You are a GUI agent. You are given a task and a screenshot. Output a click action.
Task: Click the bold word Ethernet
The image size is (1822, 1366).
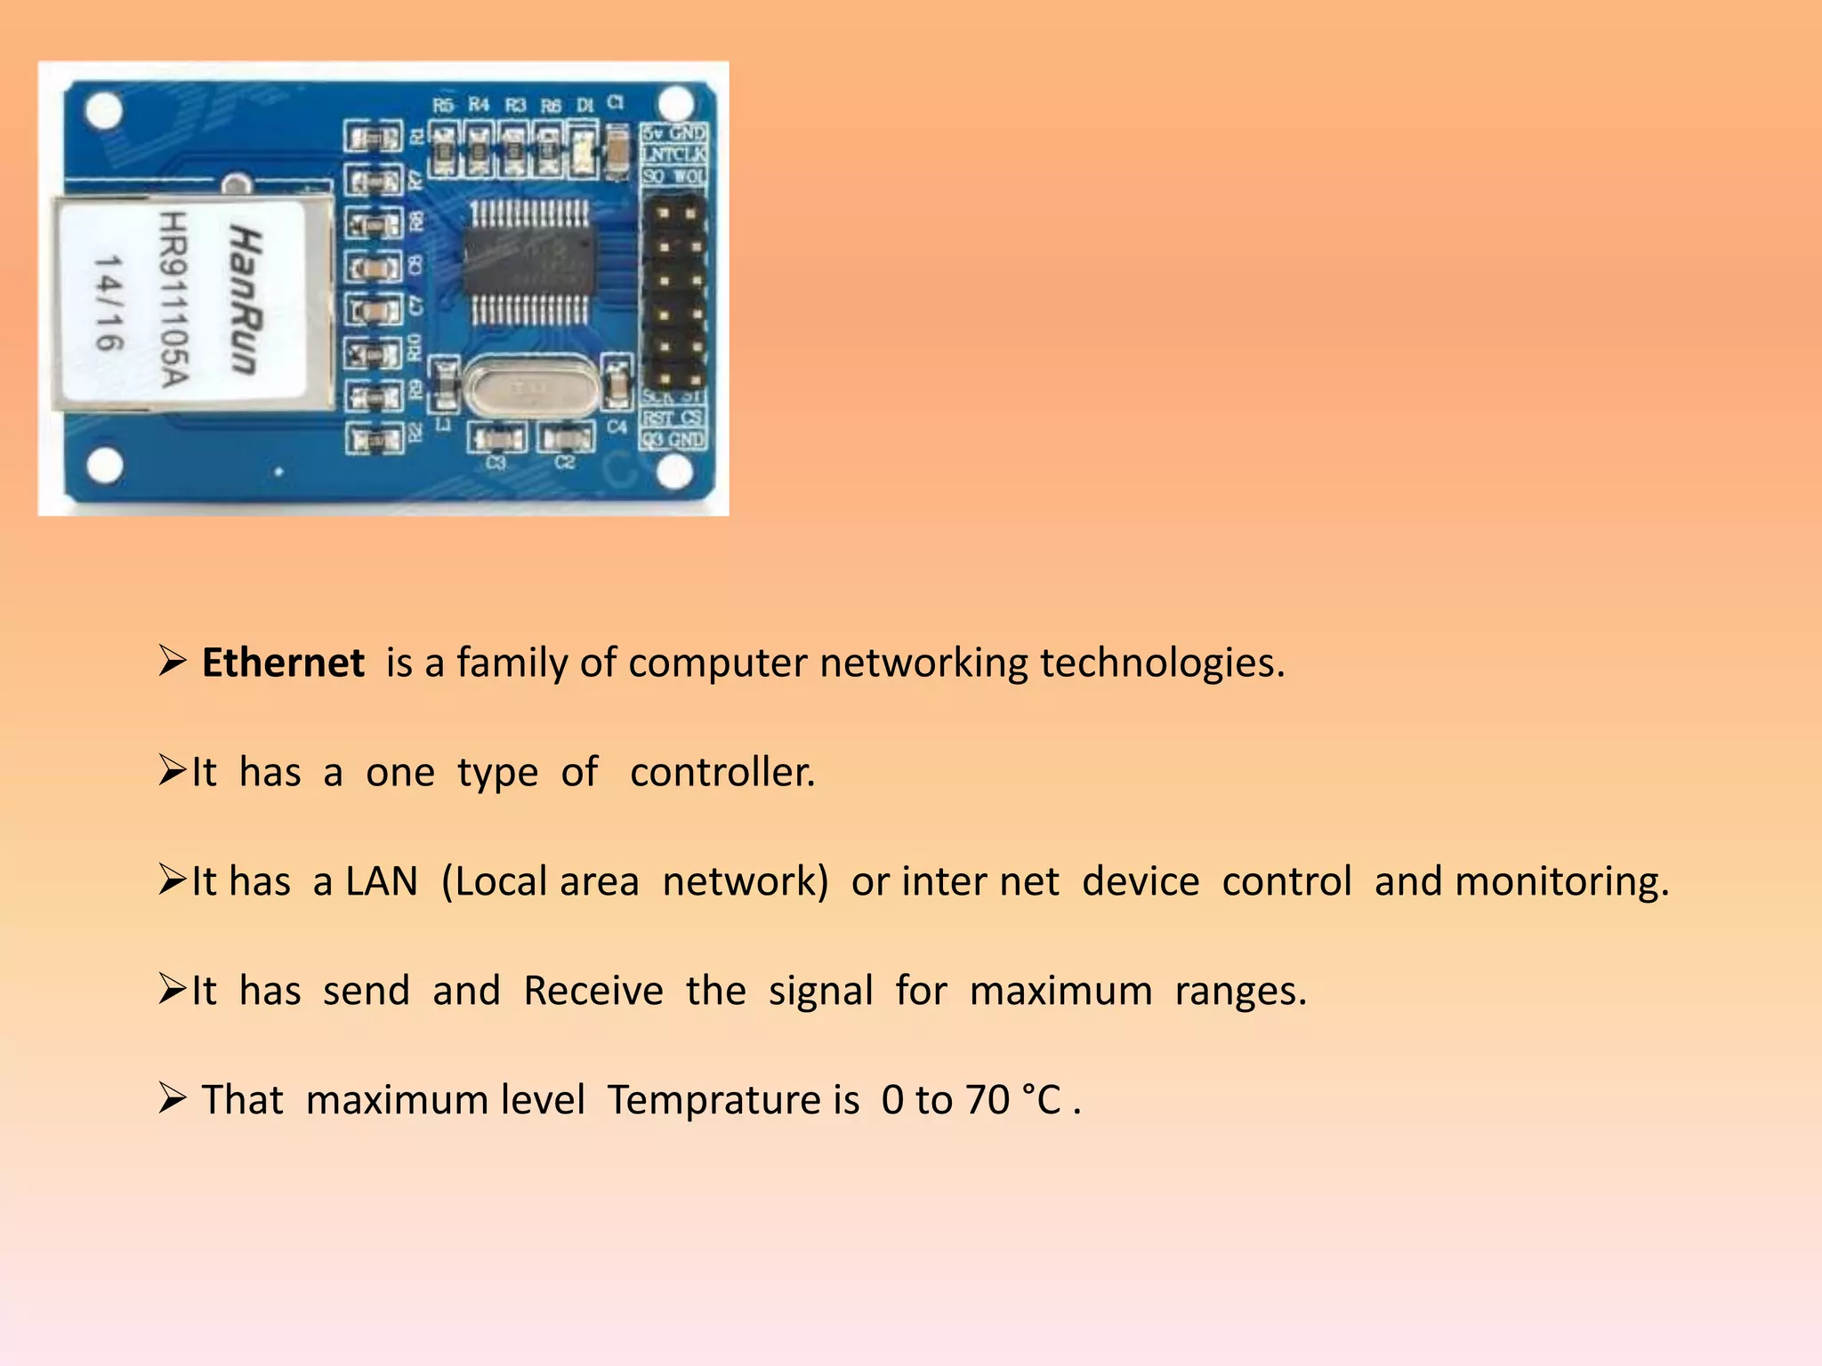pos(283,663)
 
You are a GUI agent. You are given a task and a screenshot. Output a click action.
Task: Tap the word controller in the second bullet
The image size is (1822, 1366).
pos(722,772)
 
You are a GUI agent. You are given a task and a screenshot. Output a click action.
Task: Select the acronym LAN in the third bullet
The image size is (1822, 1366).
pos(382,881)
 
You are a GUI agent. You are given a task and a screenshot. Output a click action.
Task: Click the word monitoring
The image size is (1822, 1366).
pos(1561,881)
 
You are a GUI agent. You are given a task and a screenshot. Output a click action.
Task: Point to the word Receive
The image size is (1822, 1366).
pos(593,991)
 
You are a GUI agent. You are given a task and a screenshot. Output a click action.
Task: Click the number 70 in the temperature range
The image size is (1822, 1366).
pos(988,1100)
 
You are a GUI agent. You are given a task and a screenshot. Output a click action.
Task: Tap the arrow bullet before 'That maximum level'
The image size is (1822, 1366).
pos(172,1099)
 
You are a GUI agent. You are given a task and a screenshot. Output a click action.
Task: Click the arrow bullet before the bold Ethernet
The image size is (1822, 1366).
pos(172,662)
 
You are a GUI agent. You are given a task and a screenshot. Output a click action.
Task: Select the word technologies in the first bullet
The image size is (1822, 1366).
pos(1162,663)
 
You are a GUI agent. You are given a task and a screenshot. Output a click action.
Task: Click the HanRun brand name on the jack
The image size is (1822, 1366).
pos(246,301)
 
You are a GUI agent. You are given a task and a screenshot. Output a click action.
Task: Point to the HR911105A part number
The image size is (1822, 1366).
pos(174,301)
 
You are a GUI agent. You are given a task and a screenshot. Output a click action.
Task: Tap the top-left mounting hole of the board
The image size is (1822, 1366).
pos(104,110)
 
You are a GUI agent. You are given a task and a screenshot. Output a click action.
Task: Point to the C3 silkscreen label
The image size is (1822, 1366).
pos(496,463)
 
